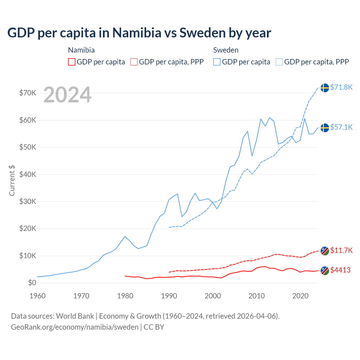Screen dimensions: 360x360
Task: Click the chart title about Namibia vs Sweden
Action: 139,33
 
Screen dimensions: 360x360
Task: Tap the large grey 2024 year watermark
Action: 67,95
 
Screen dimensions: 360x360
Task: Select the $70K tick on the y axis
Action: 28,93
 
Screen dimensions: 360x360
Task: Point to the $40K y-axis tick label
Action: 28,174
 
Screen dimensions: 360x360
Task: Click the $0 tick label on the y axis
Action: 32,283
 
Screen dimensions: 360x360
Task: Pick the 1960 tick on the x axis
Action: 37,296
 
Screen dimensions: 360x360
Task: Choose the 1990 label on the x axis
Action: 169,296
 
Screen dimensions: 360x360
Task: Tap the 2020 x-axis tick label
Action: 300,296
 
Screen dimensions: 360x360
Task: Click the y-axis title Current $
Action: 12,181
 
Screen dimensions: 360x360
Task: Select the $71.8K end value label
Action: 341,87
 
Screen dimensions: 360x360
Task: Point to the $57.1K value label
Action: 341,127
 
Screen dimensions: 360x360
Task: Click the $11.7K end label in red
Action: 341,250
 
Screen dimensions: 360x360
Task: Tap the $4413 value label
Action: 340,270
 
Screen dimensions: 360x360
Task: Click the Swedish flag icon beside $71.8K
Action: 325,88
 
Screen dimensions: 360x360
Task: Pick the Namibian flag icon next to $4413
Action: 325,271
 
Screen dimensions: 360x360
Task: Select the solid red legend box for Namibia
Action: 72,62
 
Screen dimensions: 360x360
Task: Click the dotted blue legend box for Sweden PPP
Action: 279,62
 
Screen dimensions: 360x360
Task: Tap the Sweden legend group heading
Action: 226,50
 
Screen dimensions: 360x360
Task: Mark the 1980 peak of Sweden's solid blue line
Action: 125,236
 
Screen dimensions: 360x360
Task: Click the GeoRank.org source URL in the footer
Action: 75,327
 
